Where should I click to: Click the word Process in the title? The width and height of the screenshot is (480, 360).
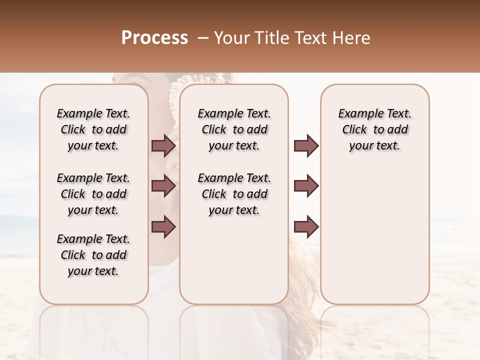click(154, 37)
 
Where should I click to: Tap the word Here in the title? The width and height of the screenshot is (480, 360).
click(349, 38)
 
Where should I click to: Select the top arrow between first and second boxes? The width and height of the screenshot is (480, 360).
click(163, 146)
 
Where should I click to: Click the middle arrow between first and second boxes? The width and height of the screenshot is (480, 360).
click(163, 186)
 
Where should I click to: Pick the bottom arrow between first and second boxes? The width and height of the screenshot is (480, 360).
click(163, 226)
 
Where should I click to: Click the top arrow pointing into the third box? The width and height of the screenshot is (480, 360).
click(306, 146)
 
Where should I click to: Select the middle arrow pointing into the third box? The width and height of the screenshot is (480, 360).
click(306, 186)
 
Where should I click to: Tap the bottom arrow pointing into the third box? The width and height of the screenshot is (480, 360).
click(306, 226)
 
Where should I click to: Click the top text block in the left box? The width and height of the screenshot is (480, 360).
click(93, 129)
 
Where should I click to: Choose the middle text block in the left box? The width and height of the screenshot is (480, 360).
click(93, 194)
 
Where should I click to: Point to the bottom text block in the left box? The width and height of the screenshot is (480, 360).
click(93, 255)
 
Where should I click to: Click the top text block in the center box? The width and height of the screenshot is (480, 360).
click(234, 129)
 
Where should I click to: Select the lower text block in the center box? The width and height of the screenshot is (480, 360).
click(234, 194)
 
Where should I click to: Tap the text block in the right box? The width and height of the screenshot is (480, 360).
click(375, 129)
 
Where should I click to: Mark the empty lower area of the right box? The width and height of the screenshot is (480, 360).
click(375, 230)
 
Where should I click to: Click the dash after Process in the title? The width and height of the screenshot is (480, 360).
click(203, 38)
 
